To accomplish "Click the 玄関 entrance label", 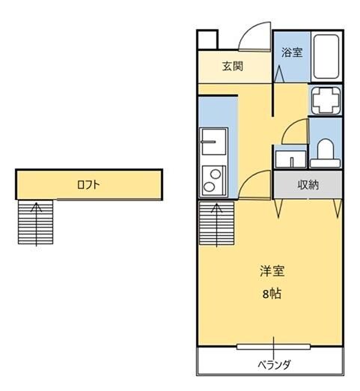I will point(232,66).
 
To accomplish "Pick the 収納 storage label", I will point(308,184).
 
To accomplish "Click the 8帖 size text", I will point(271,294).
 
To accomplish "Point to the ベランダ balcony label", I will point(274,365).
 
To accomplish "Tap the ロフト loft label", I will point(88,184).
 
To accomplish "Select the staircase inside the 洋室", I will point(217,223).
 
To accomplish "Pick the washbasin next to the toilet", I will point(288,159).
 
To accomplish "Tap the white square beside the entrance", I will point(207,40).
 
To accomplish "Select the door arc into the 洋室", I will point(256,184).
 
